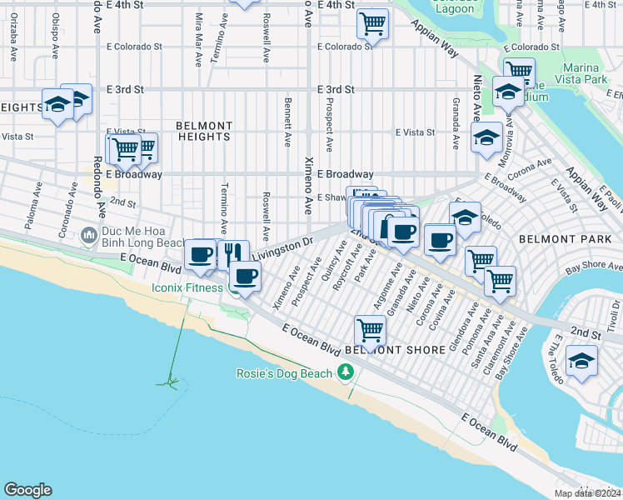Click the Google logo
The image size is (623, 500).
click(x=28, y=490)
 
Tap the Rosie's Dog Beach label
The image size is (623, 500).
click(x=285, y=373)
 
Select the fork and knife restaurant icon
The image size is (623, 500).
click(x=234, y=253)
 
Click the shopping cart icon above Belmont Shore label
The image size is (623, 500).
click(x=370, y=329)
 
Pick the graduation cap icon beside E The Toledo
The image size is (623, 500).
click(x=581, y=361)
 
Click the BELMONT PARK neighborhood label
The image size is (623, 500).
click(x=553, y=238)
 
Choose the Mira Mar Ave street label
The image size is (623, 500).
click(x=198, y=39)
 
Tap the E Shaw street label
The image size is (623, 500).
click(x=331, y=197)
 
